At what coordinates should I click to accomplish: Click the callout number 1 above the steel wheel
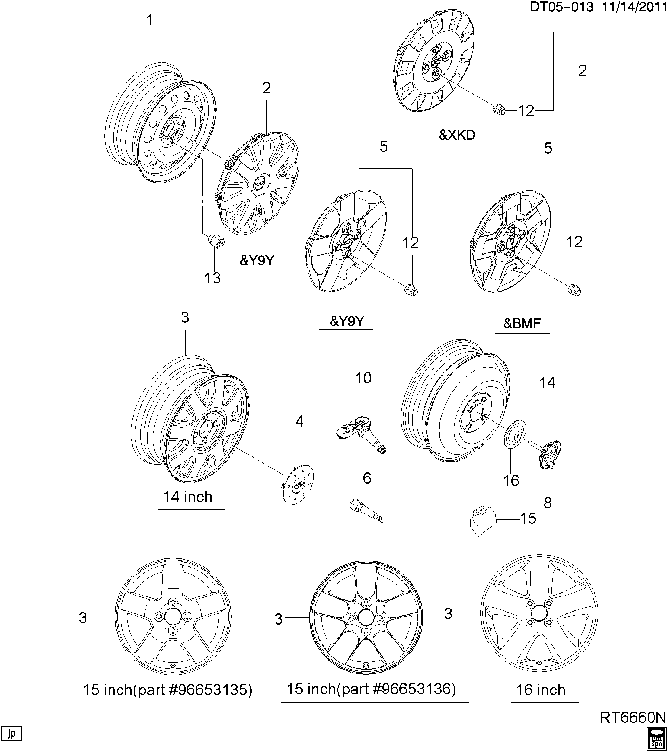point(150,20)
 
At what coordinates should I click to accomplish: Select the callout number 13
point(213,278)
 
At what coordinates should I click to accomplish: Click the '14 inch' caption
point(188,497)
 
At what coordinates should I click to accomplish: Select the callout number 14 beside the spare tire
point(547,383)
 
